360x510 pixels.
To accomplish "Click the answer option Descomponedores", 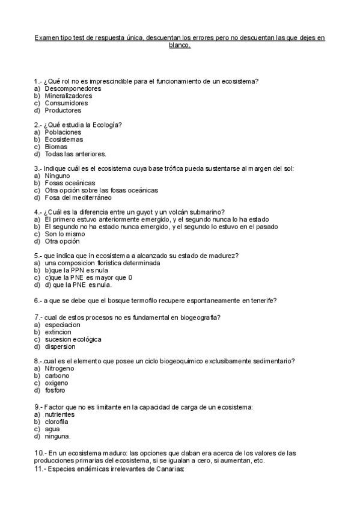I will point(73,88).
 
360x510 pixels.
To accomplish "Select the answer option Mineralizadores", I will point(69,96).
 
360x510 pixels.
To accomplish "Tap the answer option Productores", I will point(63,110).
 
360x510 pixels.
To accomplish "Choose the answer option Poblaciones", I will point(63,132).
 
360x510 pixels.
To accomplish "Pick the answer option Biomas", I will point(56,146).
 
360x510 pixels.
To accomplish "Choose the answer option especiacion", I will point(63,325).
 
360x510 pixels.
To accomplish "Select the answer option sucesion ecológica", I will point(73,339).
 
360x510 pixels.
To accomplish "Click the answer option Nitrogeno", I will point(59,368).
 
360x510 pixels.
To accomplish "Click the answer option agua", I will point(52,429).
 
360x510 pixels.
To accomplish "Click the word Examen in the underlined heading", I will point(47,37).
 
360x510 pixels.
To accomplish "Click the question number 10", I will point(39,452).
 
